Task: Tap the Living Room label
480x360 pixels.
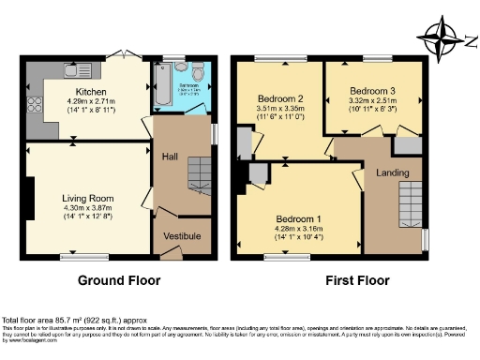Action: (x=87, y=198)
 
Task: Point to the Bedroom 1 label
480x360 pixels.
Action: (x=300, y=217)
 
